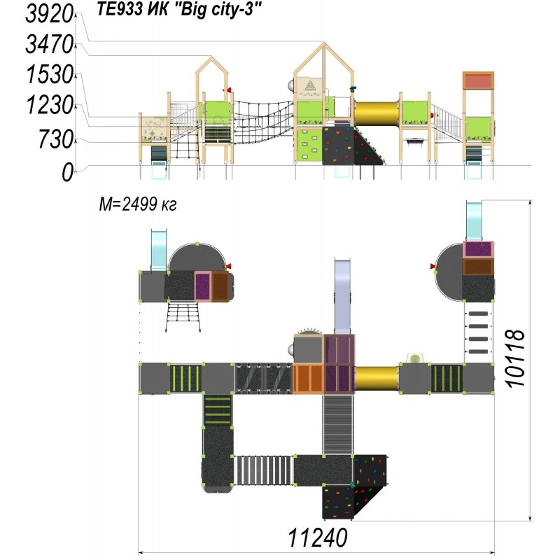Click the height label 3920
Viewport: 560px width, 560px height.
[49, 14]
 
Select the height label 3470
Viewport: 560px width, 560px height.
[49, 45]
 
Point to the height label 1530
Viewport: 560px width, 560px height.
[50, 75]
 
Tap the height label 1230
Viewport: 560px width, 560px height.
[50, 105]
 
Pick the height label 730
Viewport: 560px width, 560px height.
[56, 139]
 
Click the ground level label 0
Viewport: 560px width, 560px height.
[67, 172]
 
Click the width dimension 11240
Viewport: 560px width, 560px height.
[317, 538]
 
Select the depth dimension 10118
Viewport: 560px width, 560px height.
[515, 358]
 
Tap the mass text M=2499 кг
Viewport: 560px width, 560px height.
[137, 204]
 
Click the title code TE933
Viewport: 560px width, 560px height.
[119, 9]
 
